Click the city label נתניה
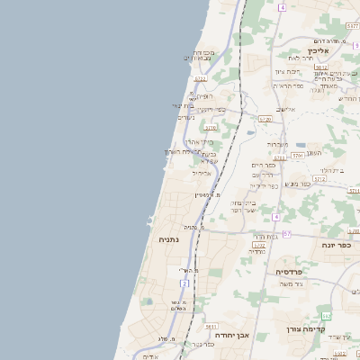tap(168, 239)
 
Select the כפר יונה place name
tap(336, 244)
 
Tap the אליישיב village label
tap(285, 109)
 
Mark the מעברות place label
tap(277, 144)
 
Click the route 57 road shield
tap(287, 234)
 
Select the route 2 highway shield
tap(184, 283)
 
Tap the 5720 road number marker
tap(265, 118)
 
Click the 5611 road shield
tap(211, 327)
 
